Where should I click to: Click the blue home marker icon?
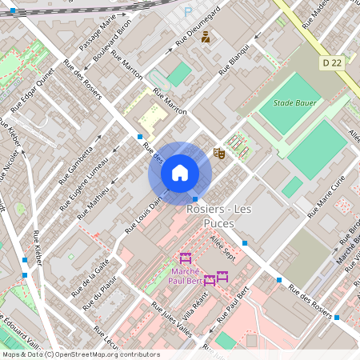[x=180, y=172]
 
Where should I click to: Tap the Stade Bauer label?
[x=294, y=103]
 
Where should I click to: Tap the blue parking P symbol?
[x=188, y=12]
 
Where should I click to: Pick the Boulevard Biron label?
[x=111, y=49]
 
